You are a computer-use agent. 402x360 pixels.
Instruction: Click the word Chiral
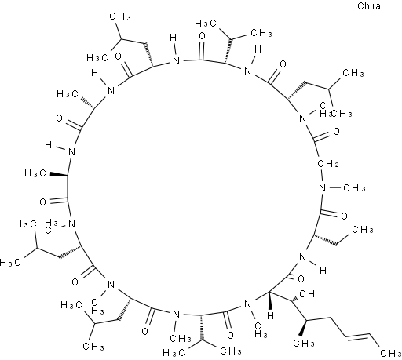pos(370,6)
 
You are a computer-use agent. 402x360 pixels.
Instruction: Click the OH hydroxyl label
pos(307,294)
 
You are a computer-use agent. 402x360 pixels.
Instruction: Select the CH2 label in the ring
pos(328,164)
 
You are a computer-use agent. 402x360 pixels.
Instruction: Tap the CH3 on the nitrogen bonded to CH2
pos(354,188)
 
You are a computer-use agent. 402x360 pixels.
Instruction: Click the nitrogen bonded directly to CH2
pos(322,187)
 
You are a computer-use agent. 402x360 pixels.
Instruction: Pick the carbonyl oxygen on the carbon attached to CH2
pos(336,131)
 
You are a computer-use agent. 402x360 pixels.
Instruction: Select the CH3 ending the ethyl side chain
pos(363,230)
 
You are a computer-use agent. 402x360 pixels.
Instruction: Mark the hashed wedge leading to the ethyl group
pos(325,240)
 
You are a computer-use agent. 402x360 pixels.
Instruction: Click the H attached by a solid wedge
pos(271,315)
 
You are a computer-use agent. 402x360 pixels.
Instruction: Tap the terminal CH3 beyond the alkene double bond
pos(390,354)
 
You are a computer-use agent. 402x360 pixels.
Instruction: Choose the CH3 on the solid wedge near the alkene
pos(304,343)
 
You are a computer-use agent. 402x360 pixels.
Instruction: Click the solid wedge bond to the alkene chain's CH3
pos(304,329)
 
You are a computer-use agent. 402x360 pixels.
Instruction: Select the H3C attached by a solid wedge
pos(35,173)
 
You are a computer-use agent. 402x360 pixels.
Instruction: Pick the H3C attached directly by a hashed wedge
pos(68,93)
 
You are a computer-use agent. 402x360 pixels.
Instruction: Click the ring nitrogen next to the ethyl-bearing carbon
pos(303,257)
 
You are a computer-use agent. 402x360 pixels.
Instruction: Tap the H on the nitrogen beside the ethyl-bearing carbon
pos(323,270)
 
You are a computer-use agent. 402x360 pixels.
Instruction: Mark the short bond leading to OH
pos(294,298)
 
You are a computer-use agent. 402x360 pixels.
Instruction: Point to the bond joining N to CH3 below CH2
pos(334,187)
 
